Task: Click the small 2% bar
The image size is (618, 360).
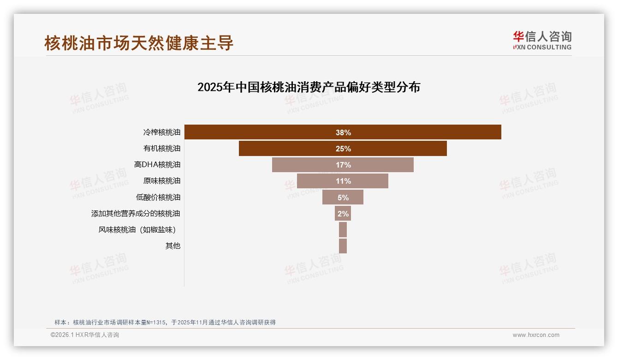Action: click(x=343, y=213)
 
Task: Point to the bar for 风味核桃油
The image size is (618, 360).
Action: click(x=343, y=229)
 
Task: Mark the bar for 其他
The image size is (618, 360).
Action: click(x=343, y=246)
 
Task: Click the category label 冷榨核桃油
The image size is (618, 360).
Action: click(x=161, y=132)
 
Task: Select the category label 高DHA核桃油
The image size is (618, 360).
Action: click(x=157, y=165)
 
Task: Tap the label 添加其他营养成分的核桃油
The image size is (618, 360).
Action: click(x=136, y=214)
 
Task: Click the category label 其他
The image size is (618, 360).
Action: click(x=173, y=246)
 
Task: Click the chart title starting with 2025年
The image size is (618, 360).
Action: click(x=309, y=87)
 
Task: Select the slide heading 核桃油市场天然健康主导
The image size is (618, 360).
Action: click(x=139, y=43)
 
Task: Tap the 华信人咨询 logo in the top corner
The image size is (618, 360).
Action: click(x=542, y=40)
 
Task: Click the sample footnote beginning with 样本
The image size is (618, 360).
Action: click(x=165, y=322)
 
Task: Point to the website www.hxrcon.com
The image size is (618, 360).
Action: click(x=536, y=335)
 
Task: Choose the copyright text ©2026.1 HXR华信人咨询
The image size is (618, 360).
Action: click(x=85, y=335)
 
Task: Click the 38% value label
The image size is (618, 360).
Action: click(x=343, y=132)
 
